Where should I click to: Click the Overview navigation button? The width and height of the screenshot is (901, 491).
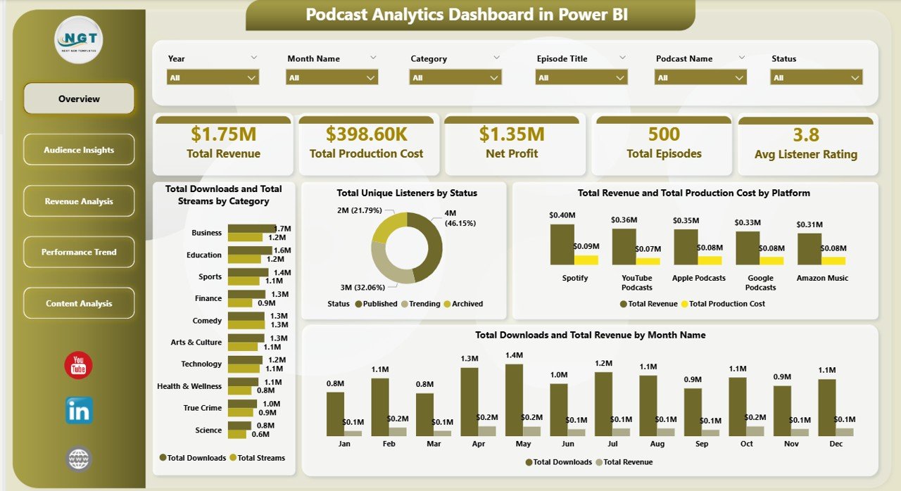tap(79, 98)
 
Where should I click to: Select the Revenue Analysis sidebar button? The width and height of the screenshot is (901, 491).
tap(79, 201)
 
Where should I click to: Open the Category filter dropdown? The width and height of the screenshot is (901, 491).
tap(455, 77)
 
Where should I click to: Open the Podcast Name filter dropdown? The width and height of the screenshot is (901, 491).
tap(700, 77)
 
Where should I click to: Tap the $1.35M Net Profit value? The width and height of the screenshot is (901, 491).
tap(512, 134)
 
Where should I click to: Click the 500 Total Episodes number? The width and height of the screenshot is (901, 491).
tap(664, 134)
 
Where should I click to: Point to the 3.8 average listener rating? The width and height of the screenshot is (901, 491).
tap(805, 134)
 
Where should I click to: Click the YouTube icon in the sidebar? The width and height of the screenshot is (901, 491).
tap(79, 365)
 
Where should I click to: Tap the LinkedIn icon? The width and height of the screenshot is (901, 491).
tap(79, 411)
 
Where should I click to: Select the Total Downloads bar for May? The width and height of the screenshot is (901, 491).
tap(515, 400)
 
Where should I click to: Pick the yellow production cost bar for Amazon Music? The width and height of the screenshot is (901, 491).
tap(833, 260)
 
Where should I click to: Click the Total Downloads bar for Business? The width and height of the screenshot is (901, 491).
tap(251, 228)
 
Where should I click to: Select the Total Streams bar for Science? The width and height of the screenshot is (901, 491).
tap(239, 434)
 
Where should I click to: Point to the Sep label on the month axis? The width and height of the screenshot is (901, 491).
tap(702, 444)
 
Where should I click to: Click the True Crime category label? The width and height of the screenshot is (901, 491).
tap(203, 408)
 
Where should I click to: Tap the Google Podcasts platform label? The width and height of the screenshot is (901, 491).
tap(761, 282)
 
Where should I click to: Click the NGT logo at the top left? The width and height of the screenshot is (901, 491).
tap(79, 39)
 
